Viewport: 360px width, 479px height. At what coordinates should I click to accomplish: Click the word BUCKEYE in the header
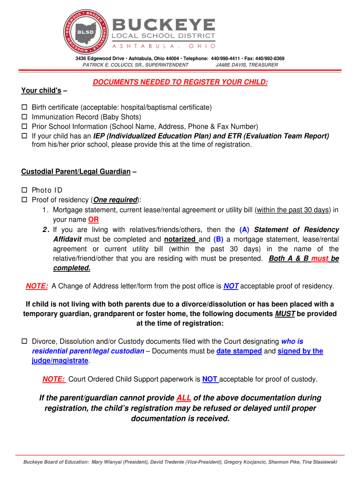coord(163,24)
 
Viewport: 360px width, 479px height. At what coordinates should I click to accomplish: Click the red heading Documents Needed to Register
coord(180,82)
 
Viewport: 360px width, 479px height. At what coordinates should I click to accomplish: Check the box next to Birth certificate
coord(25,108)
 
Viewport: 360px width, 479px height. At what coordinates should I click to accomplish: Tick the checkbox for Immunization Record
coord(25,117)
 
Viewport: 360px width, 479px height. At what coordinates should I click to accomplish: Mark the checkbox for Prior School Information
coord(25,127)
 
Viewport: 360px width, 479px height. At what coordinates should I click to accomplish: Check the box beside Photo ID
coord(25,190)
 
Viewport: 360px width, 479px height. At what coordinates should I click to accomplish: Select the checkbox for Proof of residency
coord(25,200)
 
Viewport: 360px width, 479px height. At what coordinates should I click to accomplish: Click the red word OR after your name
coord(94,219)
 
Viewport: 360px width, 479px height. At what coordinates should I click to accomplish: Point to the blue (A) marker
coord(244,230)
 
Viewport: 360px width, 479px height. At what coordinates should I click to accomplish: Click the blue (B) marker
coord(218,239)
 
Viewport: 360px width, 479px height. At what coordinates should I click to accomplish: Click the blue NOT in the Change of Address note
coord(231,286)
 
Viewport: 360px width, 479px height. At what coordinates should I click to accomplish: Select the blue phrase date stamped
coord(239,351)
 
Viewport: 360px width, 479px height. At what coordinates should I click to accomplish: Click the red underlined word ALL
coord(183,398)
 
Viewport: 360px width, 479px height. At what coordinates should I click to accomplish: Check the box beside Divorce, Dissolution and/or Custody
coord(25,341)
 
